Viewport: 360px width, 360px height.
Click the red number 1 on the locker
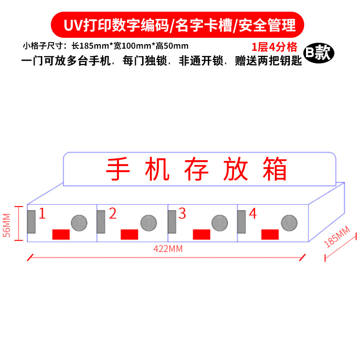(x=42, y=213)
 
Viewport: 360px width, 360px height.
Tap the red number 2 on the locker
(x=112, y=213)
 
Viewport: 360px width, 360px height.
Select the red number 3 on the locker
(x=182, y=213)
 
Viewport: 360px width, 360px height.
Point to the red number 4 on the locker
(x=252, y=213)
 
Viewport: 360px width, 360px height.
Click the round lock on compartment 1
(x=79, y=222)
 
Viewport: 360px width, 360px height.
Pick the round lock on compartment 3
(x=220, y=222)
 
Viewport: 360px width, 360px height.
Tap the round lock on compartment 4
(x=289, y=222)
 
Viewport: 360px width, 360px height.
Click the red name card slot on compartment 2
(x=130, y=234)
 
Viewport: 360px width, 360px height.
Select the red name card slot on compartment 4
(x=270, y=234)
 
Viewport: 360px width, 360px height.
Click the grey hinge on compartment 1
(x=31, y=221)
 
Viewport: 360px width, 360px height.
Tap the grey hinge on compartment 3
(x=172, y=221)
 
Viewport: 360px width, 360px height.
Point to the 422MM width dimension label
(x=168, y=248)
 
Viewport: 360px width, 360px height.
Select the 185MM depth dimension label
(x=337, y=238)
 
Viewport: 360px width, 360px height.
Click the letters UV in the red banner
(x=72, y=25)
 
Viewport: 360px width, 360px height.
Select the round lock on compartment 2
(x=148, y=222)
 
